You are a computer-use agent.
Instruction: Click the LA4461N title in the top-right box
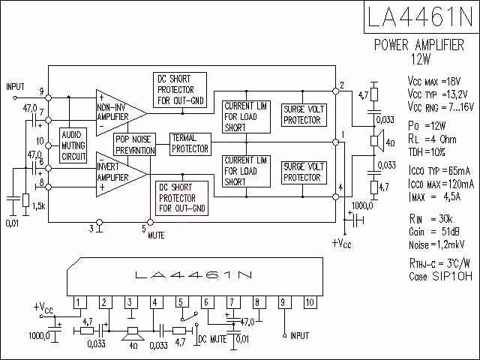(x=421, y=16)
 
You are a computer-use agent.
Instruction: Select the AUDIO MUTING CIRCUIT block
(x=73, y=145)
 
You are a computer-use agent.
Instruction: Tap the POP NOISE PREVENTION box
(x=135, y=145)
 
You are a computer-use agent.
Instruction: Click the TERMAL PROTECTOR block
(x=190, y=144)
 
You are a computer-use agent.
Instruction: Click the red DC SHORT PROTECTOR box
(x=181, y=198)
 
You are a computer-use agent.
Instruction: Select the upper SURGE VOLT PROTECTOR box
(x=304, y=115)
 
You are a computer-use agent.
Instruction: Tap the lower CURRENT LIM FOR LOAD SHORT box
(x=247, y=171)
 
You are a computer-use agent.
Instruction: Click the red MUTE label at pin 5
(x=156, y=235)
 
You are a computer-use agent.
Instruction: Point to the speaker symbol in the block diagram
(x=378, y=141)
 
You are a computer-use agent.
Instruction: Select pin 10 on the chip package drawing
(x=310, y=302)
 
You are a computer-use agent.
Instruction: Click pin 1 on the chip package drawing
(x=80, y=302)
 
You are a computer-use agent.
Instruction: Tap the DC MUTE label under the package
(x=212, y=339)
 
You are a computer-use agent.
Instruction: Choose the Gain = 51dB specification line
(x=434, y=232)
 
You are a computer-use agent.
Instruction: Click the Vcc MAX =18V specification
(x=434, y=82)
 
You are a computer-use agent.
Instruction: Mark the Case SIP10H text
(x=441, y=276)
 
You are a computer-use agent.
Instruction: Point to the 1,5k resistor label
(x=38, y=206)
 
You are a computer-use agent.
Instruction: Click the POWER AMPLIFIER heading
(x=419, y=45)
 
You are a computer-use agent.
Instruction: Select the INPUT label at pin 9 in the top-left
(x=15, y=87)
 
